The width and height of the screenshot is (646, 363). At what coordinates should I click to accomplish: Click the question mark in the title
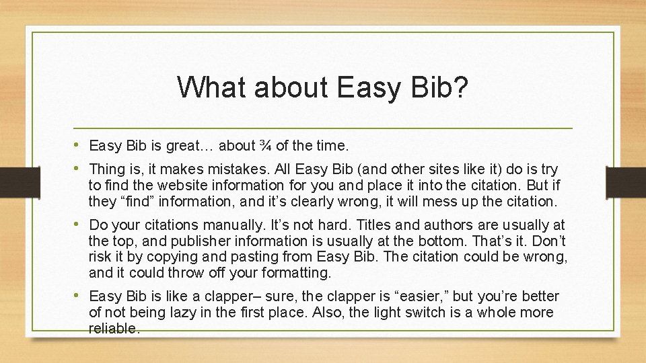point(460,87)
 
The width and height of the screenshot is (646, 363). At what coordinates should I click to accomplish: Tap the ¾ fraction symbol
point(266,145)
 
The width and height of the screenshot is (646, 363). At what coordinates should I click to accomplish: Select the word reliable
point(114,329)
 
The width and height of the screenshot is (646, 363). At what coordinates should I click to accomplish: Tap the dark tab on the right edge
point(626,182)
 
